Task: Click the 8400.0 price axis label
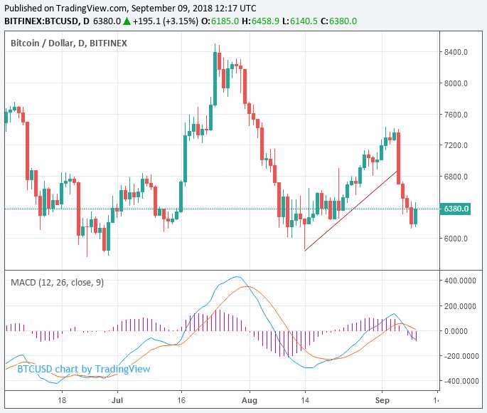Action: [455, 52]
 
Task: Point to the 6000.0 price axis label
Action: [455, 239]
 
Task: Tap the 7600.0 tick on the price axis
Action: [455, 115]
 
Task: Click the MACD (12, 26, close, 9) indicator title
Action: [57, 282]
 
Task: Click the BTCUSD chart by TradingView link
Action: [84, 369]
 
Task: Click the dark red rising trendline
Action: [350, 210]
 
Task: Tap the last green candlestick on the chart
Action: [415, 214]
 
